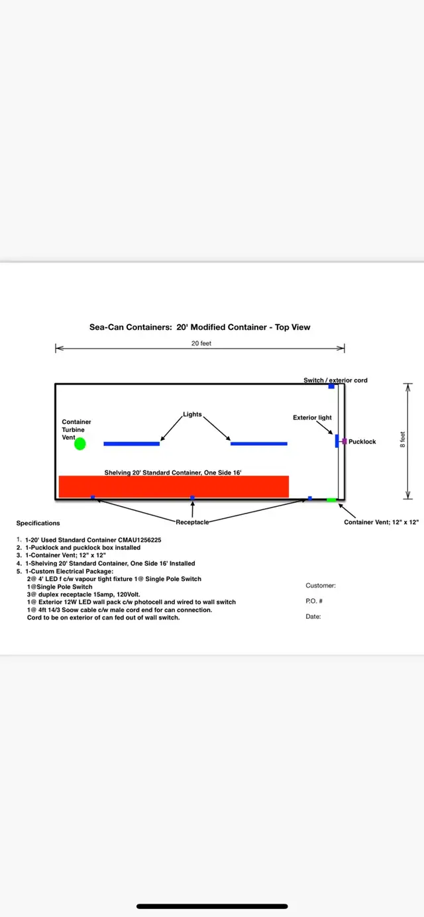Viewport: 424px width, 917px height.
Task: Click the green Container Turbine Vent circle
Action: [x=79, y=444]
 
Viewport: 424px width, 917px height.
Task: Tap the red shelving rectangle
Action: [x=174, y=486]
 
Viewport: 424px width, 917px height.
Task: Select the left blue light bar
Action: [x=131, y=444]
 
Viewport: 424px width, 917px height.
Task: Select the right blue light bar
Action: [x=259, y=443]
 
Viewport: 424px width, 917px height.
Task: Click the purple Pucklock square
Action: [x=344, y=441]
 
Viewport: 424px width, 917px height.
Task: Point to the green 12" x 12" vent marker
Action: [x=331, y=500]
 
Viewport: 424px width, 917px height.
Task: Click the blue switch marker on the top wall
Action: [x=331, y=386]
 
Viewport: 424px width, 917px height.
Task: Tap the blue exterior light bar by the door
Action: [x=337, y=441]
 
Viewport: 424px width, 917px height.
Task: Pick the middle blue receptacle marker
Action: [x=192, y=498]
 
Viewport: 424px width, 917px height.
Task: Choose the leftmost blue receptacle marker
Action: [x=93, y=498]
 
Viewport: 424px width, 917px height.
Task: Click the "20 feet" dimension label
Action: [x=201, y=343]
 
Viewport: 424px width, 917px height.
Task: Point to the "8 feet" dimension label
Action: [x=403, y=439]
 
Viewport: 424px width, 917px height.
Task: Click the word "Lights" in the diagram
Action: [x=192, y=414]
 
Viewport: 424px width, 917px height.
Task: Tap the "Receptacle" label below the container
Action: [x=192, y=522]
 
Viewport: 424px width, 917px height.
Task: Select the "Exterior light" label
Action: [x=312, y=417]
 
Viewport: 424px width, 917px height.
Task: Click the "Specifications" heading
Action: [x=38, y=523]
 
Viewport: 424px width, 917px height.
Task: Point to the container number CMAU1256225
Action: [x=140, y=540]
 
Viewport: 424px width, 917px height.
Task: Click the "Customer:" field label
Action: [x=321, y=586]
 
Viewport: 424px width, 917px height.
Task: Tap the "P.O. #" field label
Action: [x=314, y=601]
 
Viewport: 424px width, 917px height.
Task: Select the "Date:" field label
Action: [x=313, y=616]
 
